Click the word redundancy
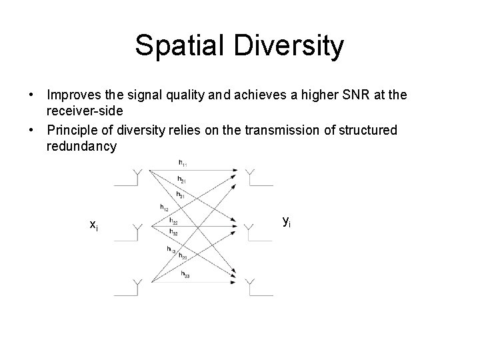81,145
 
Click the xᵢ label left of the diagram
95,225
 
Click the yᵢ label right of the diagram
287,221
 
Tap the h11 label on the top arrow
183,163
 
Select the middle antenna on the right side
249,231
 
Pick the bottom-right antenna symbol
249,287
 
